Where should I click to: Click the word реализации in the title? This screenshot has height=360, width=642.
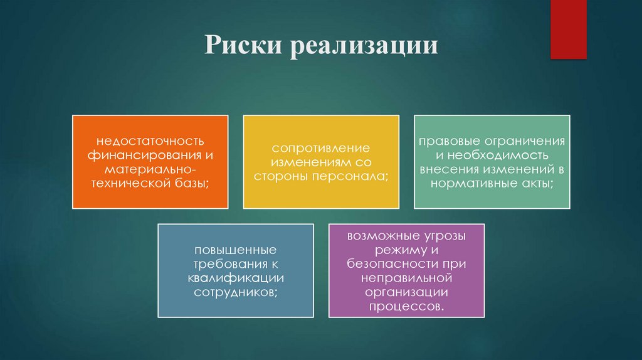(363, 47)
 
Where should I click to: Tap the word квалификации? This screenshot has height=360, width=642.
(235, 278)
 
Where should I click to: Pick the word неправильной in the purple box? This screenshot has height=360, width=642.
(406, 279)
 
